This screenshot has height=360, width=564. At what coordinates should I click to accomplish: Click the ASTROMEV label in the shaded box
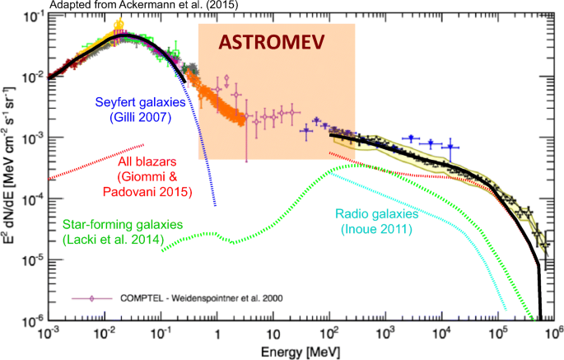tap(276, 42)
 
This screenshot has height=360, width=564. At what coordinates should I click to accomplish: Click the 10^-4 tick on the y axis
tap(32, 199)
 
